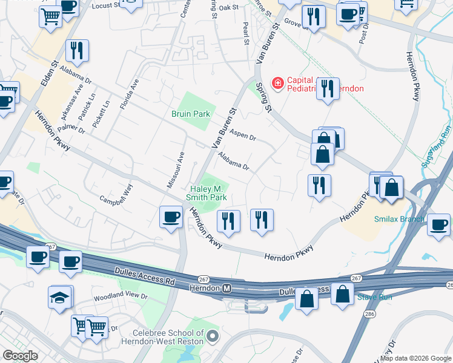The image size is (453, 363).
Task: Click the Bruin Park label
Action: [x=190, y=113]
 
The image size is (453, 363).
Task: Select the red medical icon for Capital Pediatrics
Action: [x=278, y=82]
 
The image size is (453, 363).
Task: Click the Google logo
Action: [x=20, y=356]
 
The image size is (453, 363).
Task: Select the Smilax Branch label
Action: [x=399, y=219]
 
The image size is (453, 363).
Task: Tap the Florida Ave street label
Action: [x=129, y=94]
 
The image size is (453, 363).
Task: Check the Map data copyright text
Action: [x=416, y=358]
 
